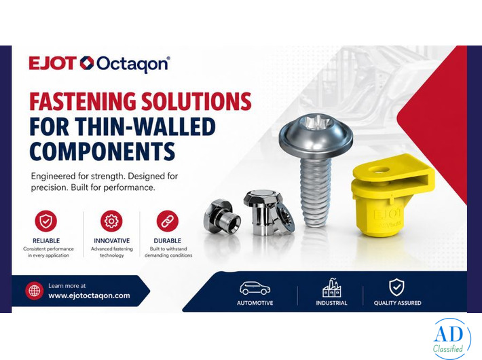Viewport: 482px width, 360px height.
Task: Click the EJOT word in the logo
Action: coord(52,64)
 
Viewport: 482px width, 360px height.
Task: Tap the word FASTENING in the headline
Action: coord(80,102)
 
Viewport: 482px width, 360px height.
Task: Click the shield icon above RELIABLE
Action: coord(45,221)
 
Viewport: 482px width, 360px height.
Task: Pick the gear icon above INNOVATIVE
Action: coord(111,221)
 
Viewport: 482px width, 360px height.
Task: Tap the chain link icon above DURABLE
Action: coord(167,221)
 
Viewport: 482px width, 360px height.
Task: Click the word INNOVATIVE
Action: coord(111,240)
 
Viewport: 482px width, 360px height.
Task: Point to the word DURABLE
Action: coord(167,240)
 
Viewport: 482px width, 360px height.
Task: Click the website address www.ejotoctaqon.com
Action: coord(89,295)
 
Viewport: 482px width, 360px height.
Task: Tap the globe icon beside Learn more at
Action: coord(34,291)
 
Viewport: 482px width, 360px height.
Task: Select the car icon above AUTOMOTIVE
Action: coord(255,288)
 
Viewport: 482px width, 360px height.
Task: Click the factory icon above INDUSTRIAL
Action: coord(331,288)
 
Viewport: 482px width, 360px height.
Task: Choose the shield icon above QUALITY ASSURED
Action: coord(396,287)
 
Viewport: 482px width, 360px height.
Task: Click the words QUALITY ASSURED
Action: coord(397,303)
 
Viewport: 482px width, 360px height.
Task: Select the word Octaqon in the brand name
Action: coord(132,64)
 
